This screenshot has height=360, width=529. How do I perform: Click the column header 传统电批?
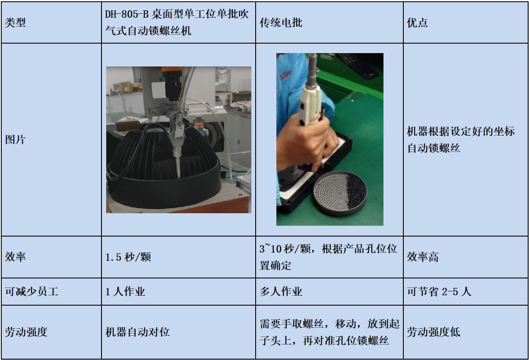pos(281,23)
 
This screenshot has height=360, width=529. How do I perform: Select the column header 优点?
pos(417,23)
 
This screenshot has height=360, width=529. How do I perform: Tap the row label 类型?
pos(15,23)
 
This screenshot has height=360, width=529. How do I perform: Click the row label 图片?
pos(15,139)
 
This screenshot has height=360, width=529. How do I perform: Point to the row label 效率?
pos(15,257)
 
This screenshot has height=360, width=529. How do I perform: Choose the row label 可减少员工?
pos(32,291)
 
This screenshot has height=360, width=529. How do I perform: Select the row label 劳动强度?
pos(26,332)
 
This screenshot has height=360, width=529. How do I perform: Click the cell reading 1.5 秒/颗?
pos(128,257)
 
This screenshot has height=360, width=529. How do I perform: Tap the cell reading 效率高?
pos(422,257)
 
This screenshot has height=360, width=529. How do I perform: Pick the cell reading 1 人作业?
pos(125,291)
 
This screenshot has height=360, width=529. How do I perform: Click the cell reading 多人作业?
pos(281,291)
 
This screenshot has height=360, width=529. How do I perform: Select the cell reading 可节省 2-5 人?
pos(439,291)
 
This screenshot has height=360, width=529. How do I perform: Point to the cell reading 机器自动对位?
pos(137,332)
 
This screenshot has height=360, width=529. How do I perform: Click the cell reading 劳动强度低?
pos(434,332)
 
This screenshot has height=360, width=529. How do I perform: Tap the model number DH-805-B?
pos(127,14)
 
